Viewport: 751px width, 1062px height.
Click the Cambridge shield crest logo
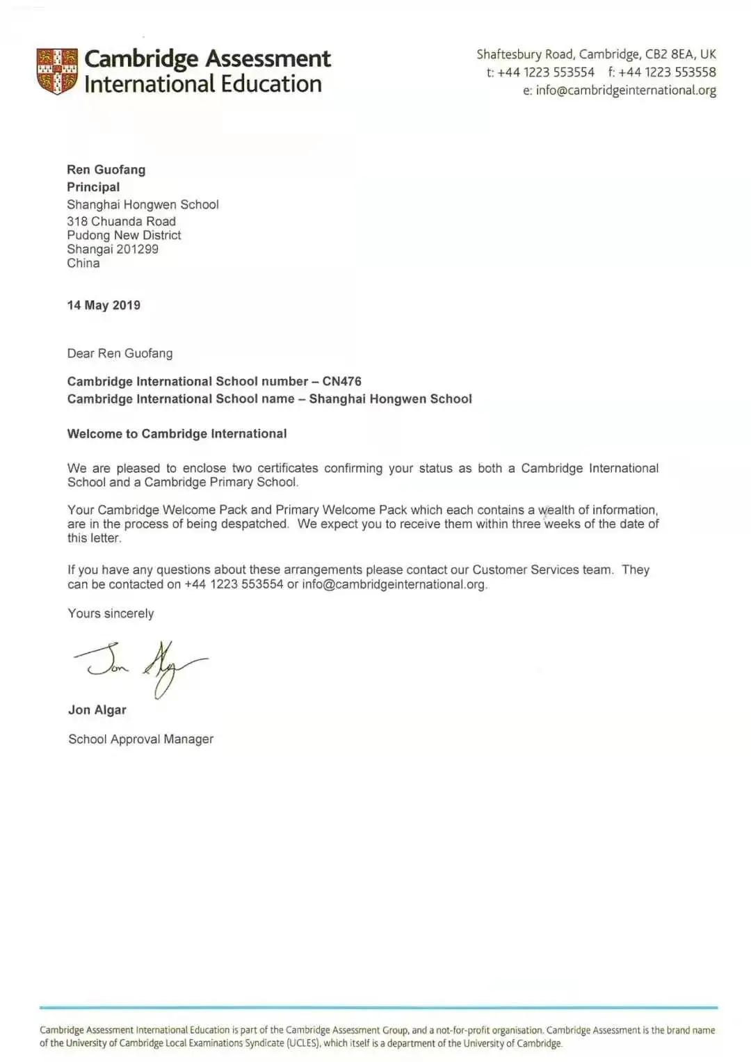click(x=57, y=71)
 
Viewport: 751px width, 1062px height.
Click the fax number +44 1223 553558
click(x=667, y=72)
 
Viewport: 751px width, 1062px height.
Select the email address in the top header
click(x=626, y=90)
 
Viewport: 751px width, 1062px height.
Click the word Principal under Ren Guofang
click(x=93, y=187)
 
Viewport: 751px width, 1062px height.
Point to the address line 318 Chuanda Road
click(x=121, y=221)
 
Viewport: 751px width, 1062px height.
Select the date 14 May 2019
click(x=104, y=305)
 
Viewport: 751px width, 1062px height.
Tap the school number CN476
click(x=341, y=381)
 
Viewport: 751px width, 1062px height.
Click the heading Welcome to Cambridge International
click(x=177, y=434)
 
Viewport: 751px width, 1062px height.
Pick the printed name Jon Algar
click(x=97, y=710)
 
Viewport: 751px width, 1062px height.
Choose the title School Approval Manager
click(x=140, y=739)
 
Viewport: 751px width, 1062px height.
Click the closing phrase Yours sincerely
click(x=111, y=613)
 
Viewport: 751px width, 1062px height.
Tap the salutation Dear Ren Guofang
click(x=120, y=353)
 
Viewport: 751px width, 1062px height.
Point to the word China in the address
click(x=83, y=263)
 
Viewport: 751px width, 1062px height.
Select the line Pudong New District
click(x=124, y=235)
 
